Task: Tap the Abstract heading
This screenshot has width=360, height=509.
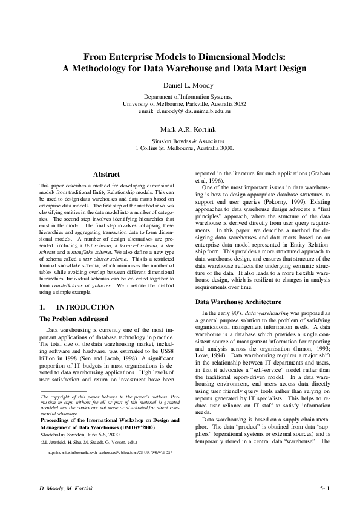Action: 106,175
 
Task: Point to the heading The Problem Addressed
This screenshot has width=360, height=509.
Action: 73,318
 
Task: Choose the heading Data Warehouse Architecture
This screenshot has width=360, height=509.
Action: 239,301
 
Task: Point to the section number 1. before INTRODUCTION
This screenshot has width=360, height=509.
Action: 42,307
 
